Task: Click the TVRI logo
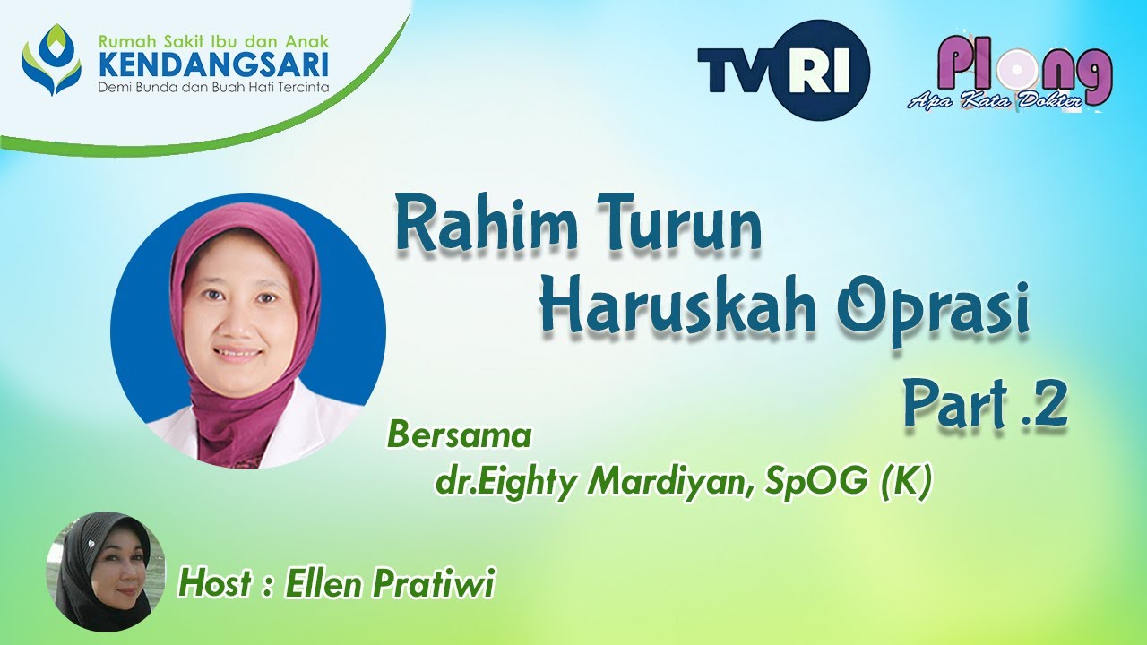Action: tap(783, 70)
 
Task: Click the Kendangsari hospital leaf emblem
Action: tap(51, 60)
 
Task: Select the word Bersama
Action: tap(459, 435)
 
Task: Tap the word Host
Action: tap(215, 584)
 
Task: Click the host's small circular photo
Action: tap(106, 571)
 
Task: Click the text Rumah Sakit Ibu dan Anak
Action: tap(213, 41)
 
